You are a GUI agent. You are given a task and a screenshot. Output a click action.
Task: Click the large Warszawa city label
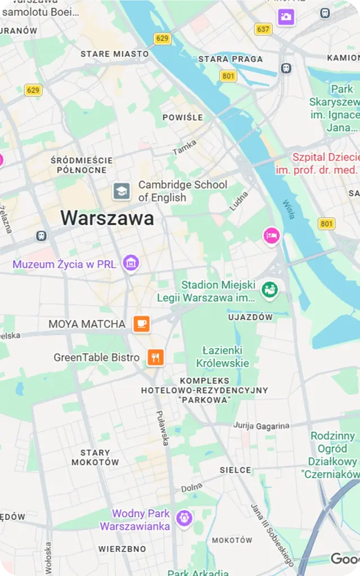pyautogui.click(x=107, y=218)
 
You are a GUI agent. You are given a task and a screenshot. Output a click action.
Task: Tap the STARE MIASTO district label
pyautogui.click(x=115, y=54)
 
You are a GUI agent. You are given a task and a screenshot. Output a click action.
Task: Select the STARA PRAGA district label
pyautogui.click(x=230, y=58)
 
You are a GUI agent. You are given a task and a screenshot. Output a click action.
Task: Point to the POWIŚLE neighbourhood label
pyautogui.click(x=182, y=118)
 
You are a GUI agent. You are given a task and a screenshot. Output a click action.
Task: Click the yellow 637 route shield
pyautogui.click(x=263, y=29)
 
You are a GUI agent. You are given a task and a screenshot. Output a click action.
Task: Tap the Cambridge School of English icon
pyautogui.click(x=121, y=191)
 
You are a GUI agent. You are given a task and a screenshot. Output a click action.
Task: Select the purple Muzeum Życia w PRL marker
pyautogui.click(x=131, y=262)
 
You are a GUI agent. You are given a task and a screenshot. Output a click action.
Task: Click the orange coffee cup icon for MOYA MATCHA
pyautogui.click(x=142, y=323)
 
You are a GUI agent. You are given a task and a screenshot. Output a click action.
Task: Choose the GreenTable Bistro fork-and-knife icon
pyautogui.click(x=155, y=357)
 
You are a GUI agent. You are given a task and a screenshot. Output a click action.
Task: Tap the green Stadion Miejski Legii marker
pyautogui.click(x=270, y=290)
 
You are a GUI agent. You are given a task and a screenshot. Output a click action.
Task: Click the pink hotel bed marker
pyautogui.click(x=272, y=235)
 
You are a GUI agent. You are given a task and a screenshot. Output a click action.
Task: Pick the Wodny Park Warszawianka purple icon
pyautogui.click(x=184, y=518)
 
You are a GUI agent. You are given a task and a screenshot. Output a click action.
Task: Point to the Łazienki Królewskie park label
pyautogui.click(x=222, y=356)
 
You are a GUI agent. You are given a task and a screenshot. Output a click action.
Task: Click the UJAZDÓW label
pyautogui.click(x=250, y=317)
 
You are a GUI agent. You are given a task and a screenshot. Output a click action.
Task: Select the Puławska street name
pyautogui.click(x=162, y=426)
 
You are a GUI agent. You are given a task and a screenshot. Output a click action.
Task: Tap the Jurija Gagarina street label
pyautogui.click(x=261, y=426)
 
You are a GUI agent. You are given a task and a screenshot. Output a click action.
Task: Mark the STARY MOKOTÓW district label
pyautogui.click(x=95, y=457)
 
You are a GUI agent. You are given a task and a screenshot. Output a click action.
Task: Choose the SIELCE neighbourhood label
pyautogui.click(x=235, y=470)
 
